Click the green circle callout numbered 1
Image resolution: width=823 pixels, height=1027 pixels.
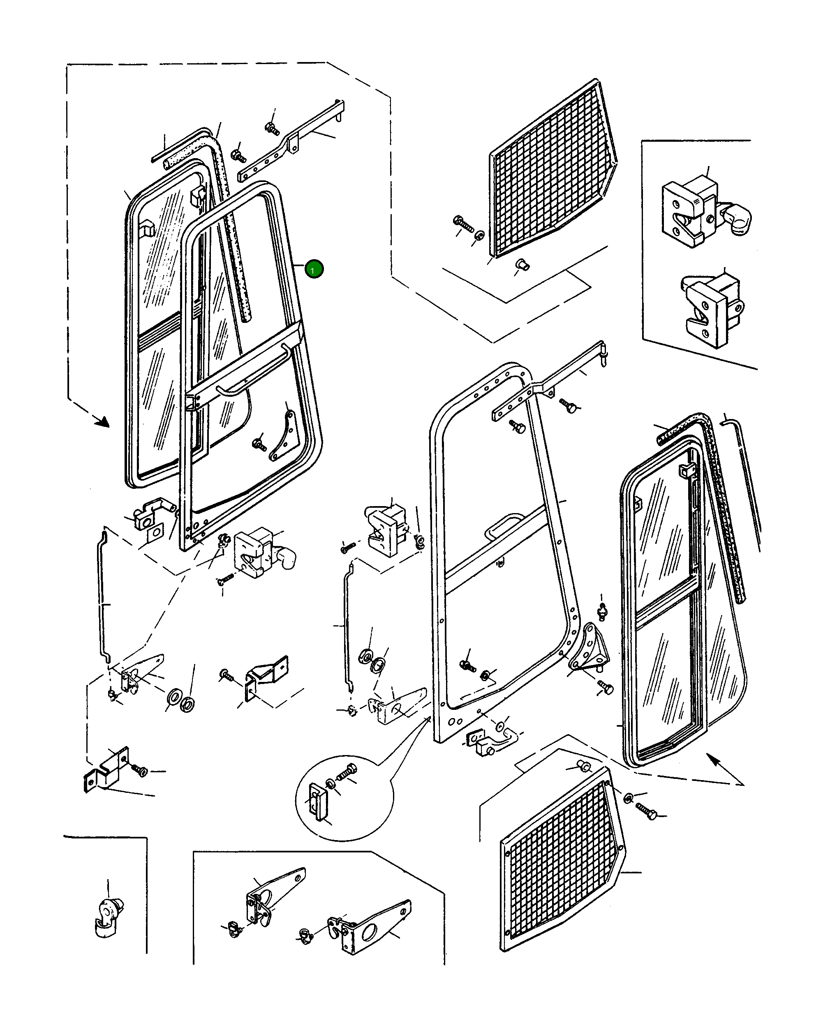pyautogui.click(x=314, y=269)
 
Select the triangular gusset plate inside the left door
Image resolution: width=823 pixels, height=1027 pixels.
pyautogui.click(x=283, y=436)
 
